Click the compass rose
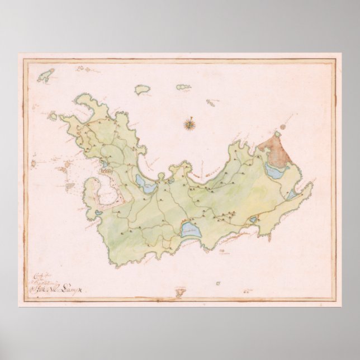coord(190,124)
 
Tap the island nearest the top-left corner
coord(46,75)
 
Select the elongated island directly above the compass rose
coord(183,87)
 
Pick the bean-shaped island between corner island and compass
coord(143,89)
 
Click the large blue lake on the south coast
coord(190,230)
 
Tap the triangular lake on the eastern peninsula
coord(292,194)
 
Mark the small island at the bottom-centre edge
coord(180,292)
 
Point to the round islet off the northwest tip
coord(53,116)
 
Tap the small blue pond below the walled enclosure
coord(99,212)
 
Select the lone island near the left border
coord(33,164)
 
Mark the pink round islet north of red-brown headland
coord(283,127)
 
